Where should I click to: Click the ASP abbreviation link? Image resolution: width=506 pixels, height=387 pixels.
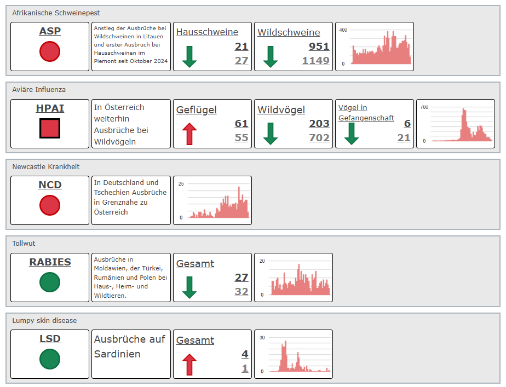[x=50, y=31]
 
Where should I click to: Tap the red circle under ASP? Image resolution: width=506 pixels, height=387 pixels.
[x=50, y=51]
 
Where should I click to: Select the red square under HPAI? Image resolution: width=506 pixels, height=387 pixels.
[x=50, y=128]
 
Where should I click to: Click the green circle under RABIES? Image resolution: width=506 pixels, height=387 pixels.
[x=50, y=282]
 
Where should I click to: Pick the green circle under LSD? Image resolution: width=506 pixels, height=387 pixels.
[x=50, y=359]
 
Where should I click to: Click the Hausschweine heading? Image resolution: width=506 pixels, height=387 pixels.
[x=207, y=32]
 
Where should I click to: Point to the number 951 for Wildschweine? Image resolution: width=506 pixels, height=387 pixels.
[x=319, y=47]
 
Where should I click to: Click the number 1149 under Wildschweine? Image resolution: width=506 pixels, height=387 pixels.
[x=315, y=61]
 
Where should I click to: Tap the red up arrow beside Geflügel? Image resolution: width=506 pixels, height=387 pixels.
[x=189, y=134]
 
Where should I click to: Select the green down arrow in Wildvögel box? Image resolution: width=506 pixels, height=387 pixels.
[x=271, y=134]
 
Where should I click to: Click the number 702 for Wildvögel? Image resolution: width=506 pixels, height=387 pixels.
[x=319, y=138]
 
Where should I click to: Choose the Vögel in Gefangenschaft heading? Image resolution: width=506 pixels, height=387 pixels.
[x=366, y=113]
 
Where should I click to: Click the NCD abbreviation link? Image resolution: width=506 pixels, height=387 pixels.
[x=50, y=185]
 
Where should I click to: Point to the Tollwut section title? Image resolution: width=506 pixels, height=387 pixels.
[x=24, y=244]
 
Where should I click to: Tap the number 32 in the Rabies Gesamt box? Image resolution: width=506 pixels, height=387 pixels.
[x=242, y=292]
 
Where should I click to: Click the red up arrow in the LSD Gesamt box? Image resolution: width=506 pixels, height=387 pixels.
[x=189, y=365]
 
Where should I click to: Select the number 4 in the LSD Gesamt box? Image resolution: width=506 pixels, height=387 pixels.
[x=245, y=354]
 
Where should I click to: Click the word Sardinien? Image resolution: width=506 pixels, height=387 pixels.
[x=117, y=354]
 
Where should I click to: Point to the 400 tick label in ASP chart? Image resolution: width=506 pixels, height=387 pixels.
[x=343, y=30]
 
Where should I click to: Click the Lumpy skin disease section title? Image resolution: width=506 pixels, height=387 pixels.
[x=44, y=321]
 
